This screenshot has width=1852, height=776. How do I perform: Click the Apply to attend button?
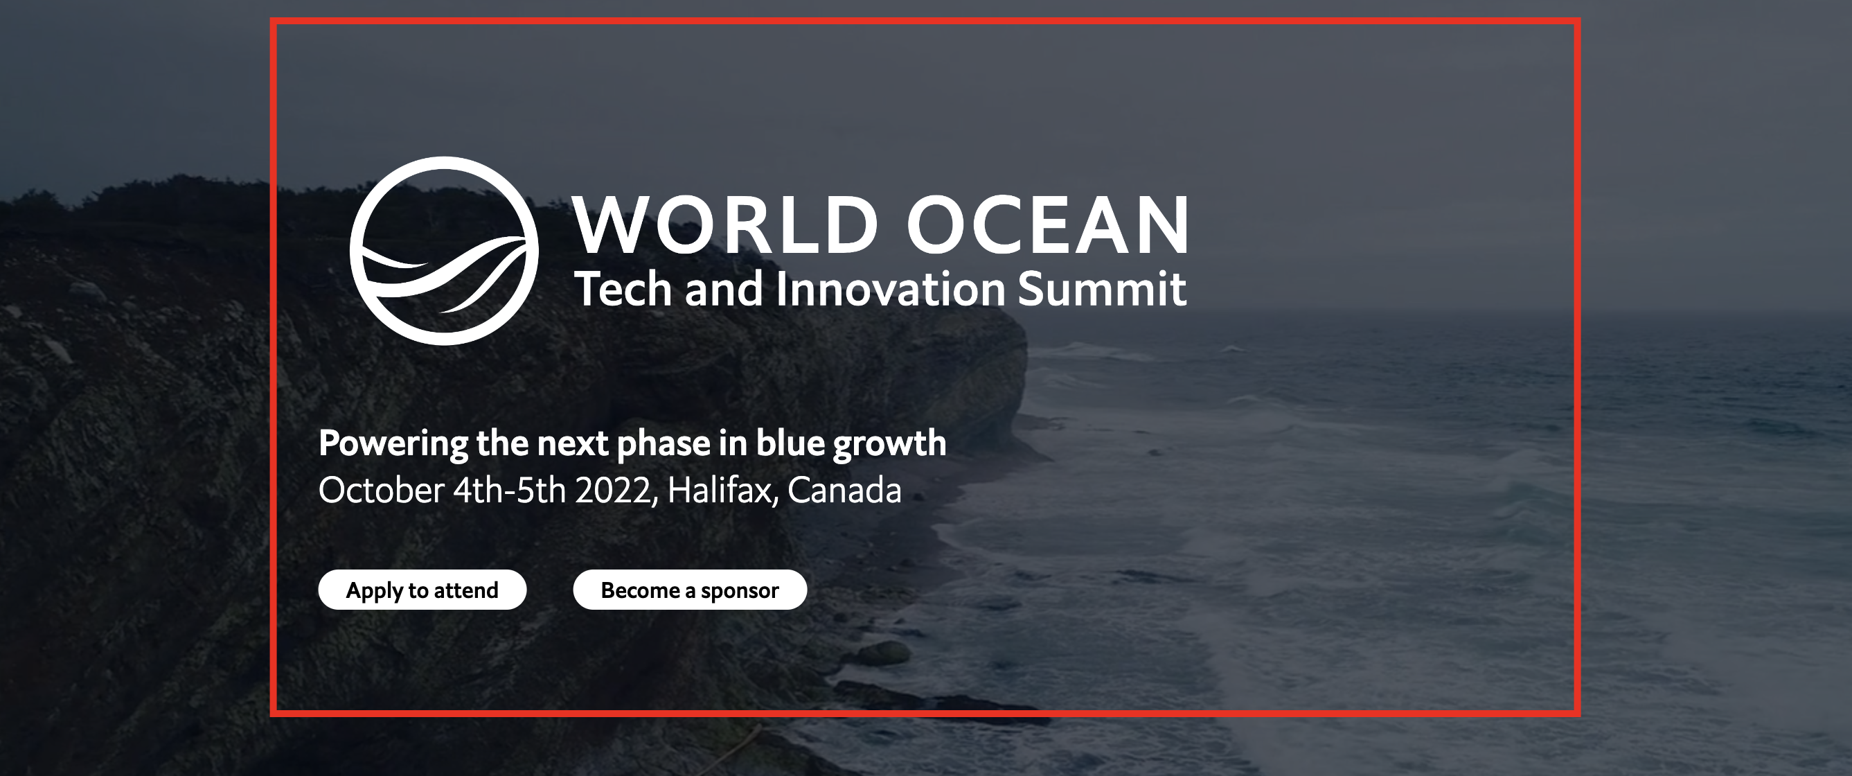tap(422, 590)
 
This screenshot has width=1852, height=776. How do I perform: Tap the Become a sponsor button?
tap(689, 590)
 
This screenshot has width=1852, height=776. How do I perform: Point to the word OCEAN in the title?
tap(1047, 225)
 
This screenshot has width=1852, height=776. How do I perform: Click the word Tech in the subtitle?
tap(623, 289)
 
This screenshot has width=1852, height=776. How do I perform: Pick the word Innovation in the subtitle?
tap(890, 289)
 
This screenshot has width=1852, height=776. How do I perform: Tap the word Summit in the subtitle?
tap(1102, 289)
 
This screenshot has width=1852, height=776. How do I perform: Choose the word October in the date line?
tap(381, 491)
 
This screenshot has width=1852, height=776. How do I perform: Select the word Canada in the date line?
tap(844, 491)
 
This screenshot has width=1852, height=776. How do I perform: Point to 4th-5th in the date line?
tap(510, 491)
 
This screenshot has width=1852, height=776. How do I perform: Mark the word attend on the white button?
tap(466, 590)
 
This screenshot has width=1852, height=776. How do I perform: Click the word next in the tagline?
tap(573, 443)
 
